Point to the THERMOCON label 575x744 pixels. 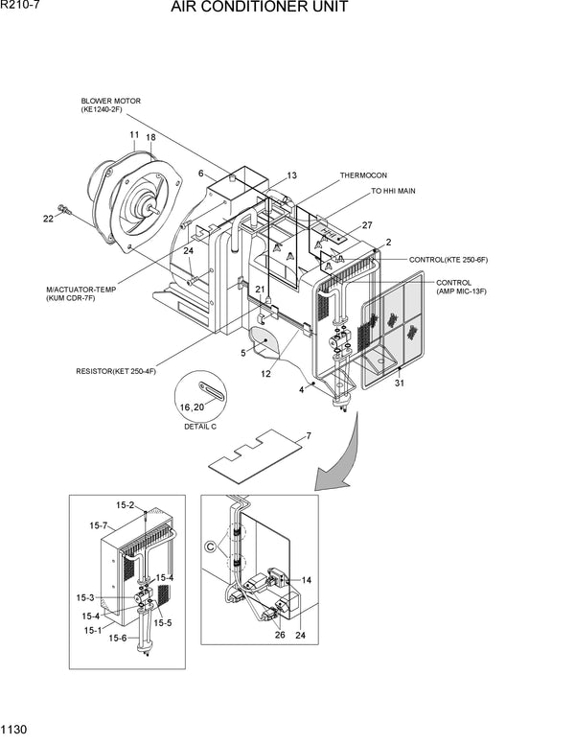coord(362,176)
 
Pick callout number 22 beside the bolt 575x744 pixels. coord(48,219)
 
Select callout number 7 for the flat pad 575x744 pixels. coord(308,436)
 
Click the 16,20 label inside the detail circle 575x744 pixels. coord(193,407)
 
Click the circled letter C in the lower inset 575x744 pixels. coord(210,547)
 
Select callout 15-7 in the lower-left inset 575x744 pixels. coord(98,525)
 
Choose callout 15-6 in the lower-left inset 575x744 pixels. coord(117,638)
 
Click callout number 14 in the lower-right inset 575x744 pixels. coord(306,580)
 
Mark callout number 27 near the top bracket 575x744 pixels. coord(366,225)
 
